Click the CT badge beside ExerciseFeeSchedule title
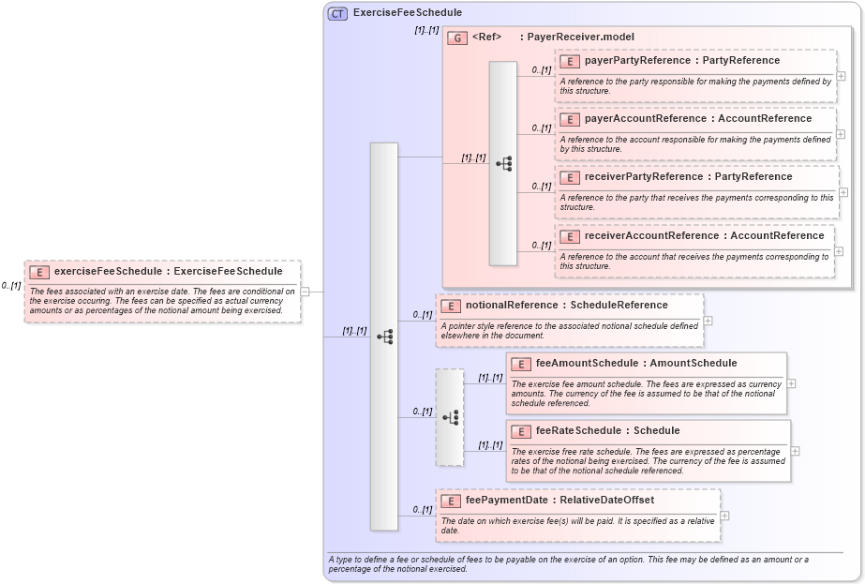click(x=337, y=13)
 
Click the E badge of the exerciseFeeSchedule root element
click(x=39, y=272)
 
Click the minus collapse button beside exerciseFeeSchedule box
click(x=305, y=292)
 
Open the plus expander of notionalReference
click(x=708, y=321)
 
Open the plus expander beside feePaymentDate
click(x=724, y=516)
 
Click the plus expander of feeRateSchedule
click(x=796, y=451)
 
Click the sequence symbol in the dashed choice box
click(x=450, y=417)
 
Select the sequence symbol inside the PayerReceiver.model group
click(x=503, y=163)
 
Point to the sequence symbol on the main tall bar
click(x=384, y=337)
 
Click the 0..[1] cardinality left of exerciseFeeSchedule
click(x=11, y=286)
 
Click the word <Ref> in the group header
click(x=486, y=37)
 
